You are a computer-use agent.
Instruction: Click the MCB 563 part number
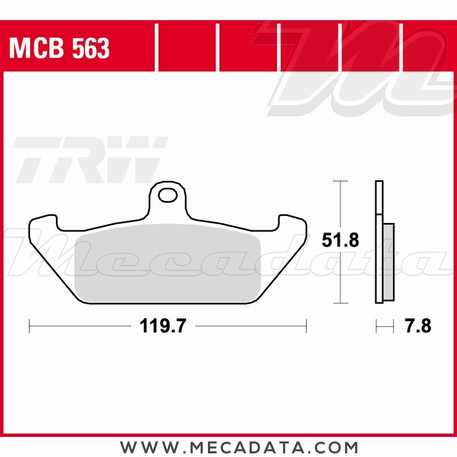59,48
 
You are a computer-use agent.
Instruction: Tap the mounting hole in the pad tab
167,196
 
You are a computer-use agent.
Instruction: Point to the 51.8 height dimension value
340,240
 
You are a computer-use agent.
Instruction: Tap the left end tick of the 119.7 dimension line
29,326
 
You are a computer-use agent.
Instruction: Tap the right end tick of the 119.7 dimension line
306,326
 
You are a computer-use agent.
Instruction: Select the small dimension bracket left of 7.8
384,326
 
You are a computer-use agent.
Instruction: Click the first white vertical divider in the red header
157,48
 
